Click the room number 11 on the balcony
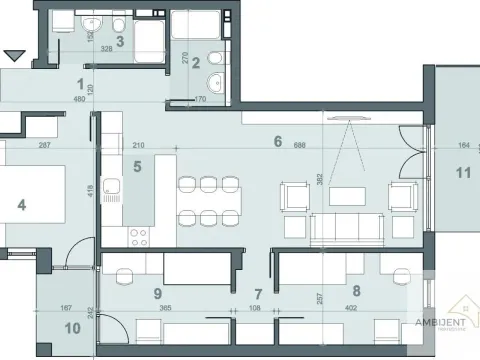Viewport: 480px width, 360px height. [x=462, y=173]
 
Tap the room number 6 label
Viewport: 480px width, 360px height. [x=277, y=141]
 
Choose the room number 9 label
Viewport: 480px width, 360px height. [x=157, y=294]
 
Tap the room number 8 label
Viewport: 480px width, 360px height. [x=357, y=294]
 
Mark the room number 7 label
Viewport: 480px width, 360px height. [x=257, y=294]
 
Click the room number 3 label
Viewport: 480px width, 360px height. [x=119, y=41]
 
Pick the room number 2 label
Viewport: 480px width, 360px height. [x=196, y=63]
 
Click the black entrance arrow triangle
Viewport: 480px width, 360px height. [x=14, y=56]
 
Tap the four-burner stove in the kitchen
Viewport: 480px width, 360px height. [x=137, y=237]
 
